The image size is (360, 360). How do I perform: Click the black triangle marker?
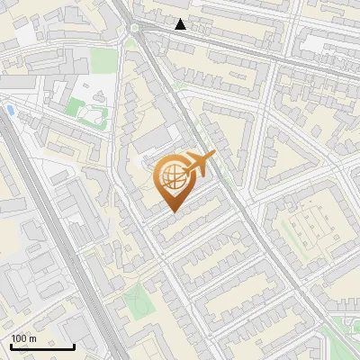click(181, 24)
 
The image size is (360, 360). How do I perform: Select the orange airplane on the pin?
click(199, 163)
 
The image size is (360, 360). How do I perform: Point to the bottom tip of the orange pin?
click(172, 212)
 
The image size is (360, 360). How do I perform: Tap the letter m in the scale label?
click(33, 338)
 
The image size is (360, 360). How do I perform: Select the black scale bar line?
click(42, 346)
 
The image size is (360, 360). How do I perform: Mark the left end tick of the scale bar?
click(11, 345)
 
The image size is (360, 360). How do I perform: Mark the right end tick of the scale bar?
click(75, 345)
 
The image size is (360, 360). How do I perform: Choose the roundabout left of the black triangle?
click(137, 29)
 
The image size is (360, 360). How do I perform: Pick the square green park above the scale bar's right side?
click(137, 303)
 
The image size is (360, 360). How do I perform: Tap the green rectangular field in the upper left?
click(103, 61)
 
